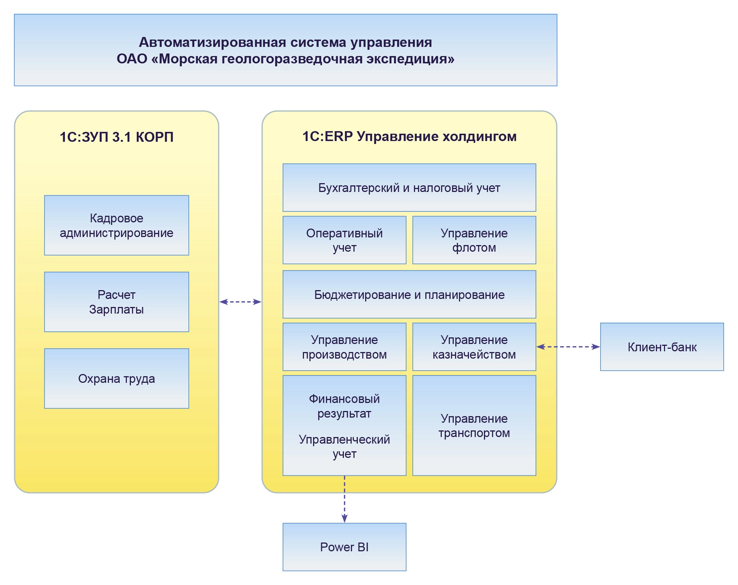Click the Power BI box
pos(344,547)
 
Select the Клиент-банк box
pos(662,347)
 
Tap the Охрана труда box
pos(117,378)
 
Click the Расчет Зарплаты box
pos(117,302)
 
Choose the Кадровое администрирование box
pos(117,225)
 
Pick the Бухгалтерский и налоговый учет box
pos(409,188)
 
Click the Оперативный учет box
pos(344,240)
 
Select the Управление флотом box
pos(474,240)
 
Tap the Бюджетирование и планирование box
pos(409,295)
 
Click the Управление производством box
pos(344,347)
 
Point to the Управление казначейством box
pos(474,347)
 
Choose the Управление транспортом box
pos(474,426)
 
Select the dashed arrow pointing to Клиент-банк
pos(568,347)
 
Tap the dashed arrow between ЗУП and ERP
pos(240,302)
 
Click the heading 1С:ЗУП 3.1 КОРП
pos(117,137)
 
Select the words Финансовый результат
pos(344,406)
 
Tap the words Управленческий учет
pos(344,447)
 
